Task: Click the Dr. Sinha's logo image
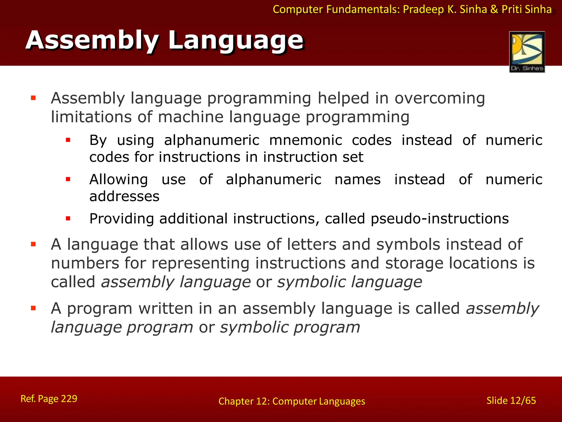click(x=527, y=52)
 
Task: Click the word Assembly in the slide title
click(x=92, y=40)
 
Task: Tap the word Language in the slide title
click(x=236, y=40)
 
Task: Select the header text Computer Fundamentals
click(x=336, y=10)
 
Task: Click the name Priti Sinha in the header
click(x=527, y=10)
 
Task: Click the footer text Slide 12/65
click(x=511, y=401)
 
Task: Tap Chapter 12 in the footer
click(x=243, y=401)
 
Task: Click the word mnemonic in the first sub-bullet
click(x=306, y=140)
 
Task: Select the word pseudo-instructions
click(x=440, y=219)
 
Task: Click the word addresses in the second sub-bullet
click(x=124, y=196)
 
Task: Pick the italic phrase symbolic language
click(x=349, y=282)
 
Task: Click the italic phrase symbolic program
click(x=290, y=327)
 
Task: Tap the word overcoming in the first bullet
click(x=440, y=98)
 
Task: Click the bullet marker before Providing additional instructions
click(x=68, y=219)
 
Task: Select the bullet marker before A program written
click(x=33, y=308)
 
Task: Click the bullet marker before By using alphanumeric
click(x=68, y=140)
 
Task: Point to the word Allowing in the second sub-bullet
click(x=119, y=180)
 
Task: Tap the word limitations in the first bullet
click(x=91, y=117)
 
